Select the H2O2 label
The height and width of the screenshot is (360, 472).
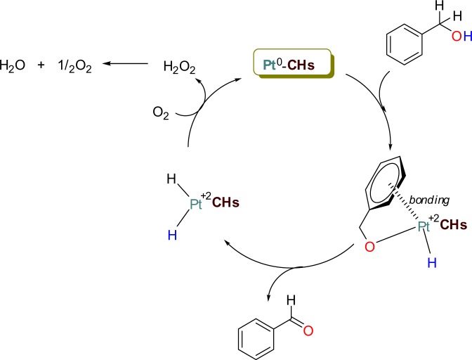[x=180, y=66]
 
